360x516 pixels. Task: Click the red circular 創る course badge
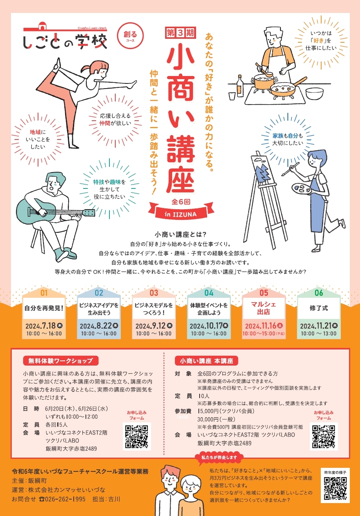[130, 36]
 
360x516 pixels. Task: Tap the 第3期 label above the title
[180, 33]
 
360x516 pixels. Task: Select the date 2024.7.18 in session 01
[44, 326]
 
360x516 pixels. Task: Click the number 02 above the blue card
[99, 293]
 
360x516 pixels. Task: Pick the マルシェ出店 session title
[264, 308]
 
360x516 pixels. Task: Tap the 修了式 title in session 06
[318, 308]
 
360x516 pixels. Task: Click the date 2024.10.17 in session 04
[209, 326]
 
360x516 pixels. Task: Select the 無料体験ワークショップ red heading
[61, 360]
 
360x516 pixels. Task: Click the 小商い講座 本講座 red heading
[206, 361]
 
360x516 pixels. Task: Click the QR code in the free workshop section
[136, 437]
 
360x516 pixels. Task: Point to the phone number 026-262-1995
[65, 499]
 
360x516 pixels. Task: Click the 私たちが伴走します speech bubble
[219, 458]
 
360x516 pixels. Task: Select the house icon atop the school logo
[42, 26]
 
